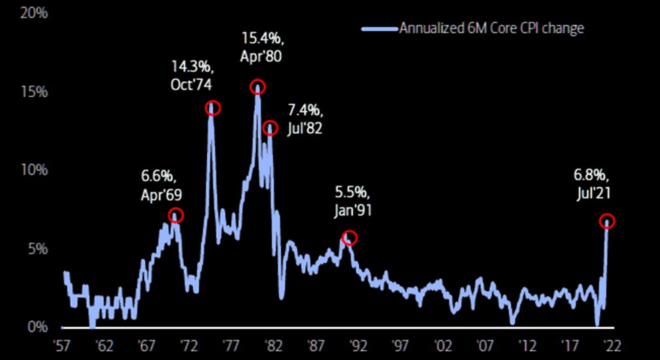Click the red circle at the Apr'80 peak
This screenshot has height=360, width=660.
[257, 87]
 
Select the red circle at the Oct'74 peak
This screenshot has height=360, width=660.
[213, 107]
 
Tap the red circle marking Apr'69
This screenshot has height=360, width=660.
[175, 215]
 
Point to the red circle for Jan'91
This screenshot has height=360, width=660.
[349, 237]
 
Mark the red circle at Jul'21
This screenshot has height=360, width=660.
[607, 221]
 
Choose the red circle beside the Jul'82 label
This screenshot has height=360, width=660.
[270, 128]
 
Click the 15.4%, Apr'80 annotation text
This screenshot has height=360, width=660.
[261, 47]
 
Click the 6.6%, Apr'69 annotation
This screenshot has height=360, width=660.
[161, 186]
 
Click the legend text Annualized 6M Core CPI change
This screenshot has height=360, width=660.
[491, 28]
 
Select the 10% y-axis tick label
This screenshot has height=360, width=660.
[33, 170]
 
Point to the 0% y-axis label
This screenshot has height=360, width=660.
[38, 327]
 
